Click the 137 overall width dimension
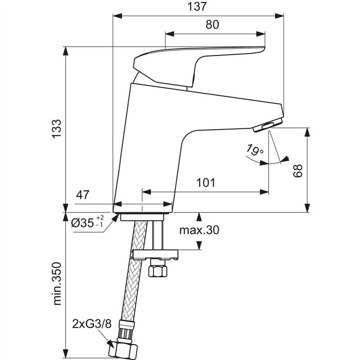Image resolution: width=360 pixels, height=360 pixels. pos(198,7)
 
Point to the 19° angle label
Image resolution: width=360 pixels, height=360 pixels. pos(255,149)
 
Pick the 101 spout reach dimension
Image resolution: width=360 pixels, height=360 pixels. pos(206,183)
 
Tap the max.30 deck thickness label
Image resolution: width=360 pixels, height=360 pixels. pos(199,230)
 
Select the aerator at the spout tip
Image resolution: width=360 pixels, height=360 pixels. pos(268,126)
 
